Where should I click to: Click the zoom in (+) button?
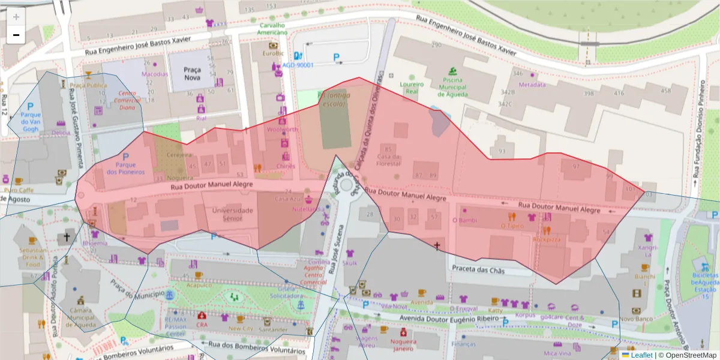(x=16, y=17)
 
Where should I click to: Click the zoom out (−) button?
(x=16, y=35)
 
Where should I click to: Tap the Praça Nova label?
(x=192, y=74)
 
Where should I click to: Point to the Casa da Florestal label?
(x=388, y=160)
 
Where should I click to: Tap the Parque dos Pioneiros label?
(x=125, y=168)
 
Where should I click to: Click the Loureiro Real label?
(x=412, y=88)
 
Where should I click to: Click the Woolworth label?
(x=281, y=130)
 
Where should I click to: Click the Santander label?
(x=272, y=329)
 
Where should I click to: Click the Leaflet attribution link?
(x=641, y=355)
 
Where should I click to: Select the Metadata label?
(x=532, y=85)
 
